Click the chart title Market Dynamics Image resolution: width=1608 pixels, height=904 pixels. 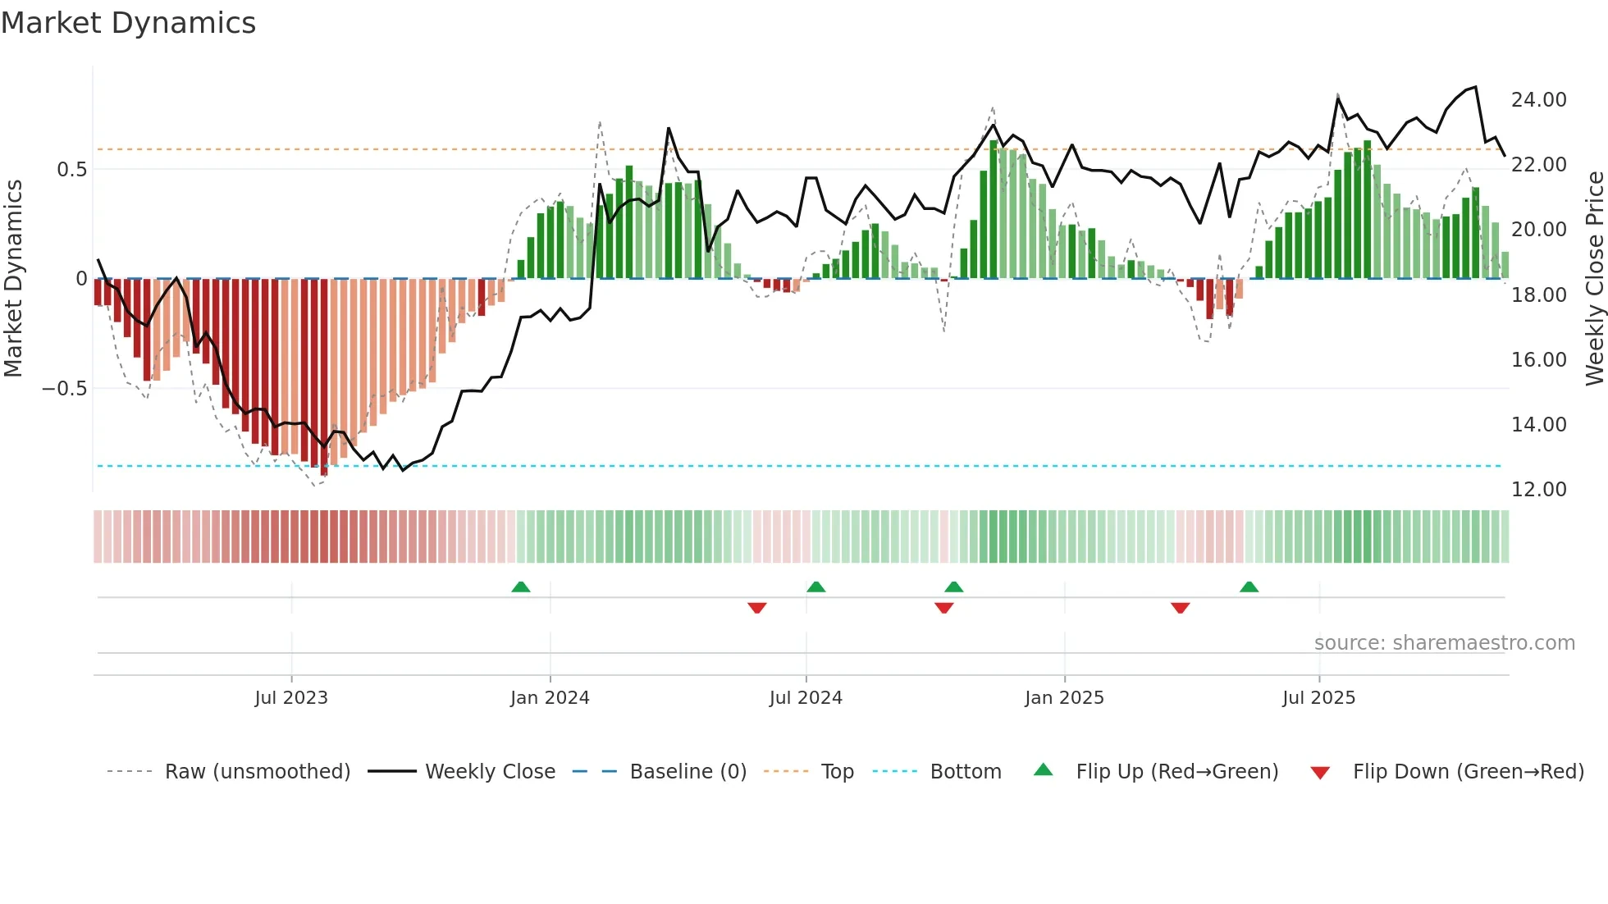click(x=128, y=23)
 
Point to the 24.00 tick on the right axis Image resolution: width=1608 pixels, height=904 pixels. click(x=1538, y=100)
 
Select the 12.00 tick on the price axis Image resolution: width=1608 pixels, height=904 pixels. click(x=1538, y=490)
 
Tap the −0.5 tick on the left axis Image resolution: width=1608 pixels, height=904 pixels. click(x=64, y=389)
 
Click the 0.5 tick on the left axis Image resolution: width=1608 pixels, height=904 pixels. click(x=71, y=170)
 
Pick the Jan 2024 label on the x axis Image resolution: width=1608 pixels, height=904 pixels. click(x=550, y=698)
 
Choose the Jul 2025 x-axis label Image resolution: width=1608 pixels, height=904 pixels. click(x=1318, y=698)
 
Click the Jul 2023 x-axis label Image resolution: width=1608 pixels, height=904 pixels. click(x=291, y=698)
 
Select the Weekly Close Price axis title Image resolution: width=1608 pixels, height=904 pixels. click(x=1594, y=279)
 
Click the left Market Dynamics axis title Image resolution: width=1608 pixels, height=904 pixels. click(x=13, y=279)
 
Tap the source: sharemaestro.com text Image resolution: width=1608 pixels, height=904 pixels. click(x=1444, y=643)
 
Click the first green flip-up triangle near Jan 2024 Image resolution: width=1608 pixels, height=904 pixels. click(x=520, y=587)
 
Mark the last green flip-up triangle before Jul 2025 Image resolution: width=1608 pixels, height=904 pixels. click(x=1249, y=587)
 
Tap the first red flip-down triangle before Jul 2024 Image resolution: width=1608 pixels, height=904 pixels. click(x=756, y=608)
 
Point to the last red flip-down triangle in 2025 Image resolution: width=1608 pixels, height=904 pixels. click(x=1180, y=608)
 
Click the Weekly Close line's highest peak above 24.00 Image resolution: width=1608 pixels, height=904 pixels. click(x=1475, y=87)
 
